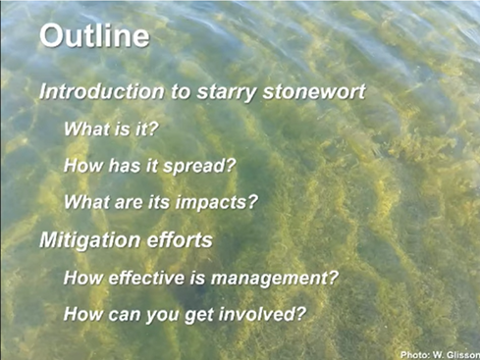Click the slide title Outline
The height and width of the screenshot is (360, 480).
pos(94,37)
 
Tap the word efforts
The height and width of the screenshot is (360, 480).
pos(179,239)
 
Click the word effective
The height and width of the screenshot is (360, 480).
pos(148,278)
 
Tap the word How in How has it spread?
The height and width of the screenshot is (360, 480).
pos(80,166)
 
